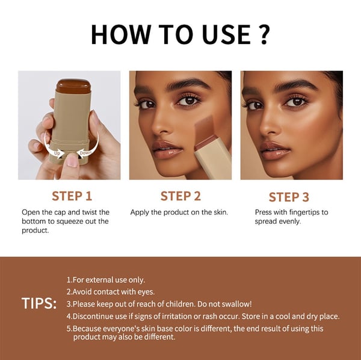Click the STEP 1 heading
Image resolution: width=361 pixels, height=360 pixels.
click(x=72, y=196)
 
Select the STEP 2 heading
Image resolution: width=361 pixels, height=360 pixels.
click(x=180, y=196)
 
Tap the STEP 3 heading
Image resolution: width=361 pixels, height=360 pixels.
click(x=289, y=197)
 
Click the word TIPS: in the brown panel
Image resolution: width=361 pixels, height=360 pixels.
click(x=40, y=302)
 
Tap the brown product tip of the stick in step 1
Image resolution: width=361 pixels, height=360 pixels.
click(x=72, y=85)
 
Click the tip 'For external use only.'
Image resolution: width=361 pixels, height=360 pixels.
click(x=106, y=280)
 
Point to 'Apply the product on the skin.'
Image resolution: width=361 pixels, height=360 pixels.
click(x=179, y=213)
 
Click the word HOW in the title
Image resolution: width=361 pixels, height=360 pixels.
click(x=117, y=34)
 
